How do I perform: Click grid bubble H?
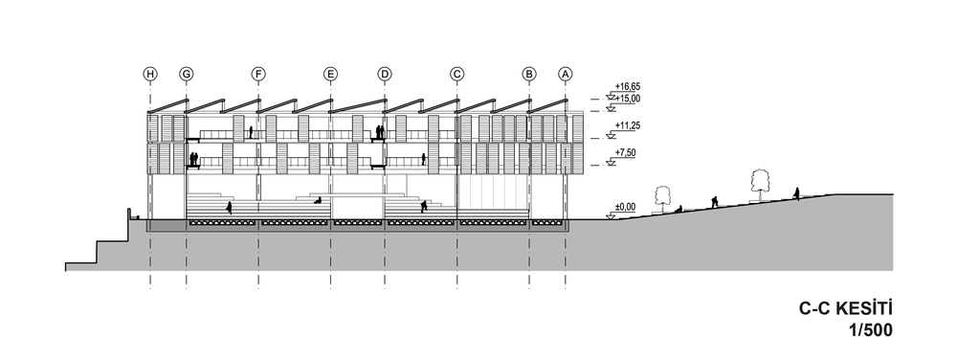click(x=150, y=74)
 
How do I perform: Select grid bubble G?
click(x=187, y=74)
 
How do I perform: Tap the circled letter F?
click(x=258, y=74)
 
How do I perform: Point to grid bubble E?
click(x=330, y=74)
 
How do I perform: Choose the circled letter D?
click(x=385, y=74)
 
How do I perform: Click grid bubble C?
click(x=456, y=74)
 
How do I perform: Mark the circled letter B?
click(x=529, y=74)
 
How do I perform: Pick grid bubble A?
click(x=566, y=74)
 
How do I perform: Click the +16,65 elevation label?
click(x=628, y=87)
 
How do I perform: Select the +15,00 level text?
click(x=628, y=99)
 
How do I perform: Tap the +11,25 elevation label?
click(x=628, y=125)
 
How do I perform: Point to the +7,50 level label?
click(x=626, y=152)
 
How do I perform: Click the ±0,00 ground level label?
click(x=626, y=208)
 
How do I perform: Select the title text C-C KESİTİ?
click(x=846, y=308)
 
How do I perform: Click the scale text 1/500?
click(x=870, y=330)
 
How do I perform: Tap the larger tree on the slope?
click(x=759, y=184)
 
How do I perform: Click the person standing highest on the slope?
click(x=796, y=193)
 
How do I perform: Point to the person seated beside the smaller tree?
click(x=679, y=209)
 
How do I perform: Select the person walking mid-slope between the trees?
click(x=714, y=201)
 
